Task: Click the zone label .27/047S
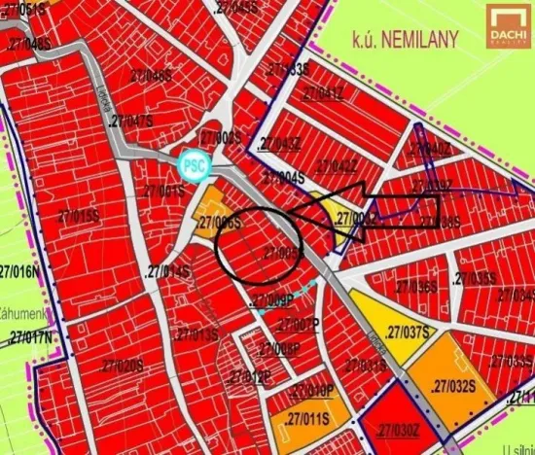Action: (x=132, y=121)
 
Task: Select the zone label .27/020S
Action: (x=120, y=365)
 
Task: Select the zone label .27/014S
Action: (x=166, y=268)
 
